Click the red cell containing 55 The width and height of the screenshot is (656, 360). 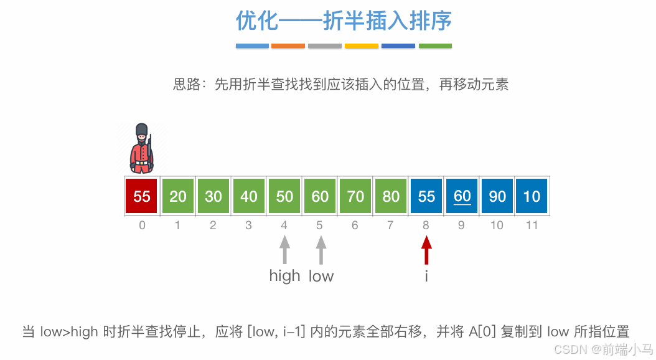pos(142,196)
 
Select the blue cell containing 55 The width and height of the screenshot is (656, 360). pos(426,196)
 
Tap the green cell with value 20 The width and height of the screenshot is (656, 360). pos(178,196)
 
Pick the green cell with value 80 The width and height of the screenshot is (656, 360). pos(391,196)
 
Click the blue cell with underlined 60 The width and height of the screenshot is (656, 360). pos(462,196)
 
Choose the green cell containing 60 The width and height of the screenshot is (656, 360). pos(320,196)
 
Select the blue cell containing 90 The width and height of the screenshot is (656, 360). pos(497,196)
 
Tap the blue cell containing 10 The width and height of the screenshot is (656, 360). pos(532,196)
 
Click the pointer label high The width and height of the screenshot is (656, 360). pos(284,275)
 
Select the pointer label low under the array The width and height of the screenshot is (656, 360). pos(321,275)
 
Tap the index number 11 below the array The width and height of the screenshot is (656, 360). pos(532,225)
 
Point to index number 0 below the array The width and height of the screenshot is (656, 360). pos(142,225)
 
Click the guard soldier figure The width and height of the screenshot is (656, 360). pos(142,149)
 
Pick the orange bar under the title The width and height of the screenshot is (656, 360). pos(288,45)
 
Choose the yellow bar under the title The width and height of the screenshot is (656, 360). pos(362,45)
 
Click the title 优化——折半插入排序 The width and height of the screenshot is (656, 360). pos(344,21)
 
